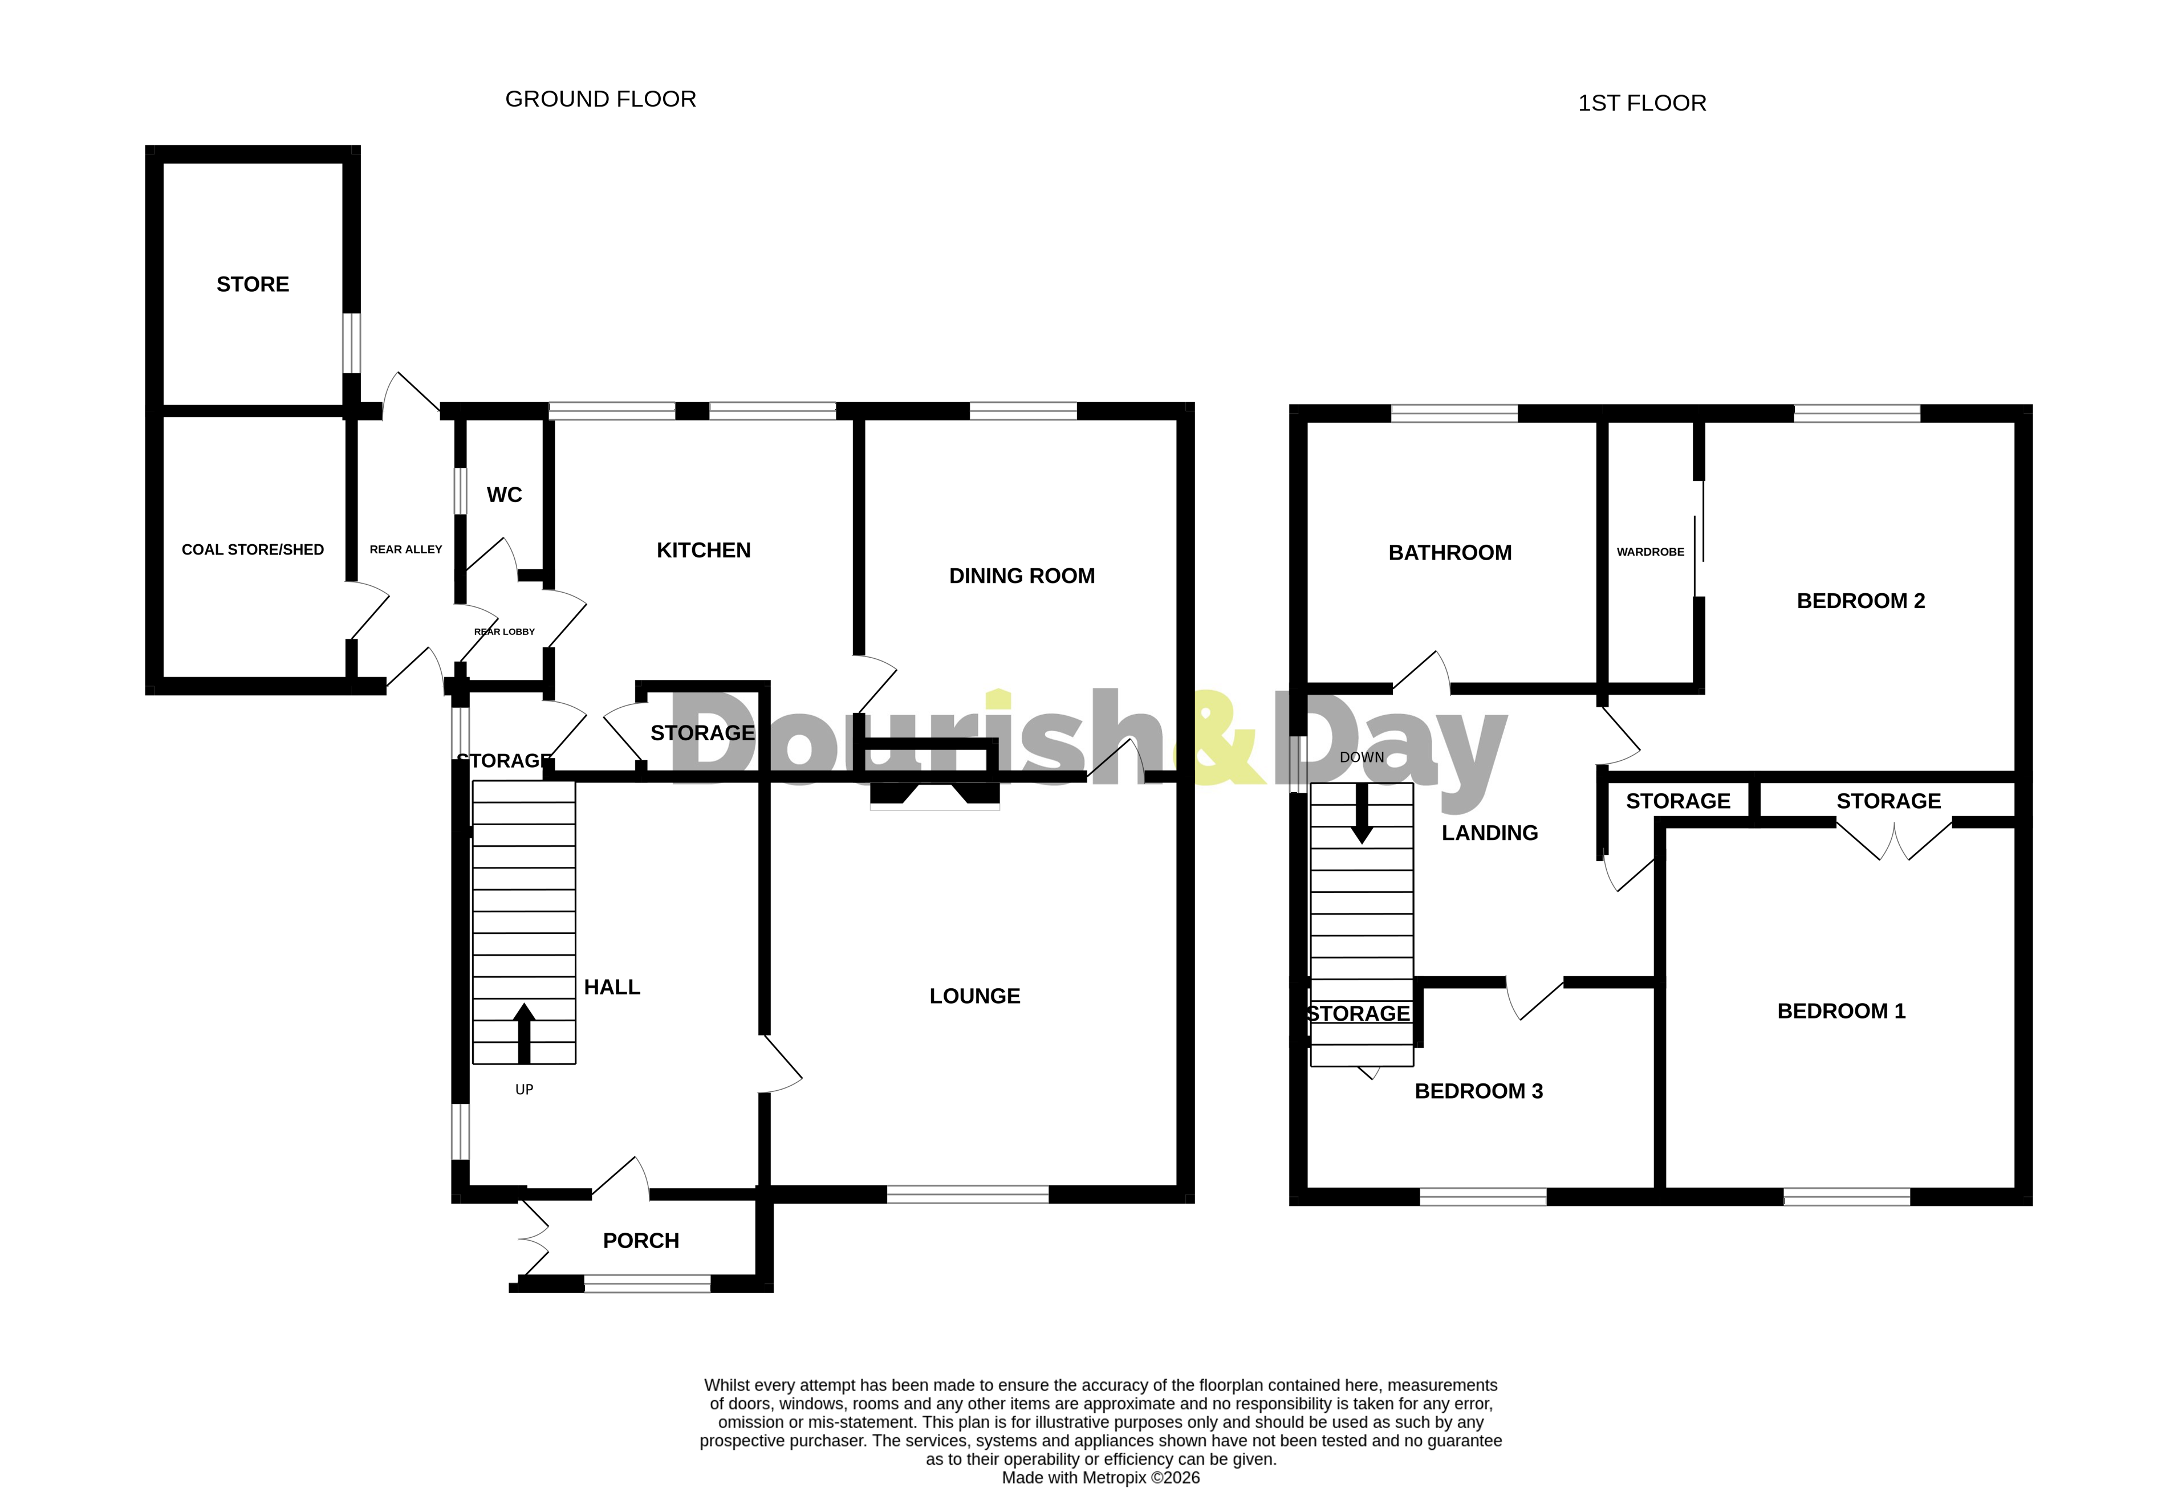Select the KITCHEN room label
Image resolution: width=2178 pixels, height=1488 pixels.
pyautogui.click(x=703, y=550)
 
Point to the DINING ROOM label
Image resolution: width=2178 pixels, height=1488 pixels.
pyautogui.click(x=1022, y=576)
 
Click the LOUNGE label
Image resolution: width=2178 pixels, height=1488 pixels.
pyautogui.click(x=974, y=996)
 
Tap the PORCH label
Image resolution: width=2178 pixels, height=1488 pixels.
pyautogui.click(x=640, y=1241)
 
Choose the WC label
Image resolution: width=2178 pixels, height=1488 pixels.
pyautogui.click(x=504, y=495)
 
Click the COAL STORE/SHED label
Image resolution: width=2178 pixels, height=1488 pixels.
pyautogui.click(x=252, y=550)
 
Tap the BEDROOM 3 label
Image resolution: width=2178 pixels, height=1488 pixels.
pyautogui.click(x=1478, y=1091)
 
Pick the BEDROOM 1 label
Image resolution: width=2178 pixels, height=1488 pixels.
pyautogui.click(x=1840, y=1011)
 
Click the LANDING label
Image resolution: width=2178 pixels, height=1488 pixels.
pyautogui.click(x=1489, y=833)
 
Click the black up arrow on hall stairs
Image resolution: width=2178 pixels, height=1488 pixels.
pyautogui.click(x=524, y=1033)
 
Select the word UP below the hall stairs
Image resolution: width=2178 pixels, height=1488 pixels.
pyautogui.click(x=524, y=1090)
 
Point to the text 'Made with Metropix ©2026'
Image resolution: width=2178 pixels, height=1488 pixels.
pyautogui.click(x=1100, y=1478)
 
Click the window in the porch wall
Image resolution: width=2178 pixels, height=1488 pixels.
pyautogui.click(x=647, y=1284)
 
